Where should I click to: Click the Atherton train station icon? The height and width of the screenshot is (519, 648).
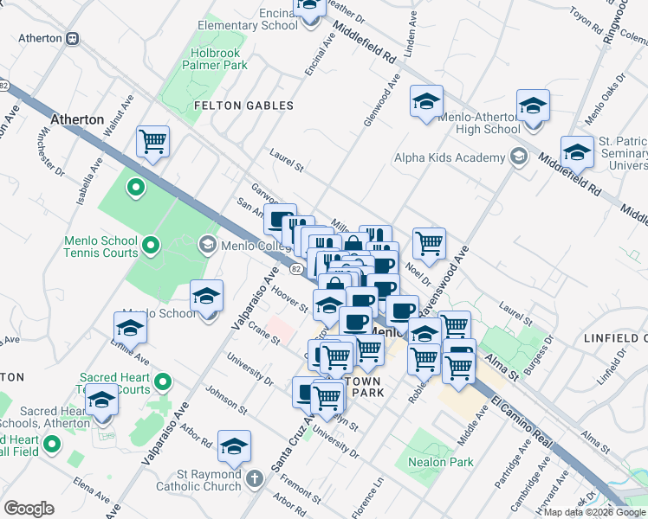pos(74,38)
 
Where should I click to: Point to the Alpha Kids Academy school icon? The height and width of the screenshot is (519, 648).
pos(518,157)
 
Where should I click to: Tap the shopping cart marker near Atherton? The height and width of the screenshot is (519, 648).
pos(152,141)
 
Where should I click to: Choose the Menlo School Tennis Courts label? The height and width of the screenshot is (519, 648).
pos(100,247)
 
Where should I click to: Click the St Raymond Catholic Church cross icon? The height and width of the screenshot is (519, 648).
pos(255,477)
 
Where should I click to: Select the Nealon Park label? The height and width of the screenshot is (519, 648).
pos(441,462)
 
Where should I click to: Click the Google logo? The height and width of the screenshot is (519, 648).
pos(29,508)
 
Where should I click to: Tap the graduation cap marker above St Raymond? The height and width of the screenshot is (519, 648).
pos(234,446)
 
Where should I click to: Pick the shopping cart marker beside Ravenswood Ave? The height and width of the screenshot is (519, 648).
pos(429,244)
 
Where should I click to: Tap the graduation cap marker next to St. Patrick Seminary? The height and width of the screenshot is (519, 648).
pos(576,152)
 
